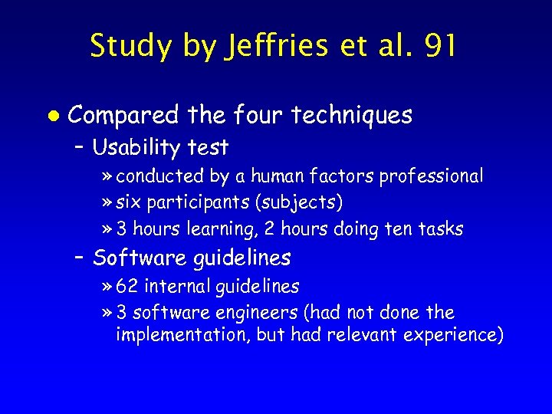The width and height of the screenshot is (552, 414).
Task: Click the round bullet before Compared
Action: (51, 115)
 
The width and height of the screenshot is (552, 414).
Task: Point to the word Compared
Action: (125, 116)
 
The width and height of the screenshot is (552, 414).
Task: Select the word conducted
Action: (160, 176)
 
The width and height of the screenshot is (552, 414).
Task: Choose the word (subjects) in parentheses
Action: (302, 203)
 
